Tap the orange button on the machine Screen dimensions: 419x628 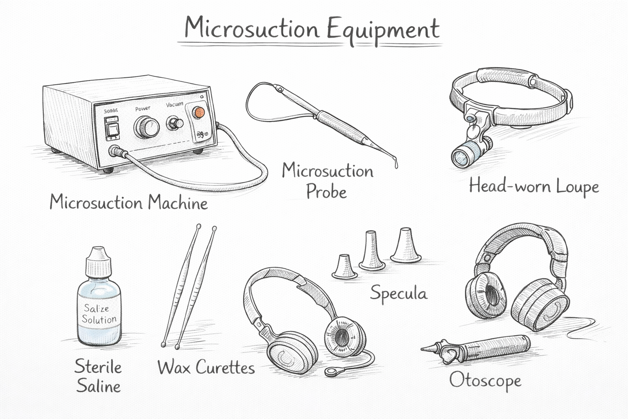(198, 112)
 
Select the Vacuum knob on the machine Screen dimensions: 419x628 (175, 123)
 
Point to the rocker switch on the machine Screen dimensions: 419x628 (111, 129)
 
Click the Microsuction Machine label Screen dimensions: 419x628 (128, 203)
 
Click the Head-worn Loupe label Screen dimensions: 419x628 (534, 187)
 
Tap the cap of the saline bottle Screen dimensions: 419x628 (98, 262)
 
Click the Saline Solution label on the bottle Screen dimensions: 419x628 (99, 314)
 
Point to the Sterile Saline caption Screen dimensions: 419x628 (98, 376)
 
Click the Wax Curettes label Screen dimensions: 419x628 (206, 367)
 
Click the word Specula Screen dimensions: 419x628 (399, 293)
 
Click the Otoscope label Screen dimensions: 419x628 (485, 381)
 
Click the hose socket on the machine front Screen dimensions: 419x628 (114, 151)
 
